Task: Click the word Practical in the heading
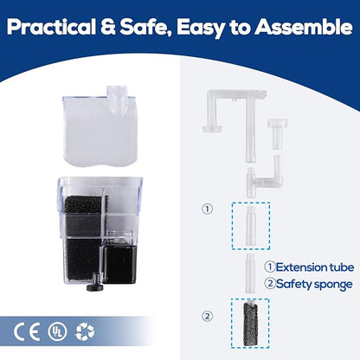pos(51,27)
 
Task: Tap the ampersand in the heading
pos(108,27)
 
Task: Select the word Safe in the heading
pos(145,28)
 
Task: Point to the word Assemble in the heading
pos(304,27)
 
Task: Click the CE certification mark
pos(27,331)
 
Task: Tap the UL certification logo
pos(57,331)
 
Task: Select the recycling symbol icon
pos(85,331)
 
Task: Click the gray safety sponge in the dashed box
pos(250,324)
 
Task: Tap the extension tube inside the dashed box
pos(250,226)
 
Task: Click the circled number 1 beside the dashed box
pos(207,209)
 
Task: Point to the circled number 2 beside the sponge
pos(207,316)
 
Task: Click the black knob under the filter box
pos(93,284)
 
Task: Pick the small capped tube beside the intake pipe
pos(277,133)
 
